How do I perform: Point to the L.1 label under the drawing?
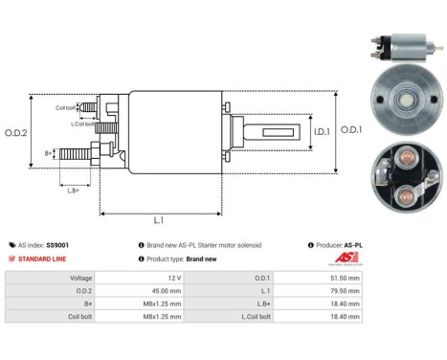click(x=160, y=220)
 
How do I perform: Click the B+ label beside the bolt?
click(x=49, y=152)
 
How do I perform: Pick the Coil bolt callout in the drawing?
click(x=66, y=107)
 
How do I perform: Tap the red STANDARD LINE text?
click(x=43, y=259)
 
